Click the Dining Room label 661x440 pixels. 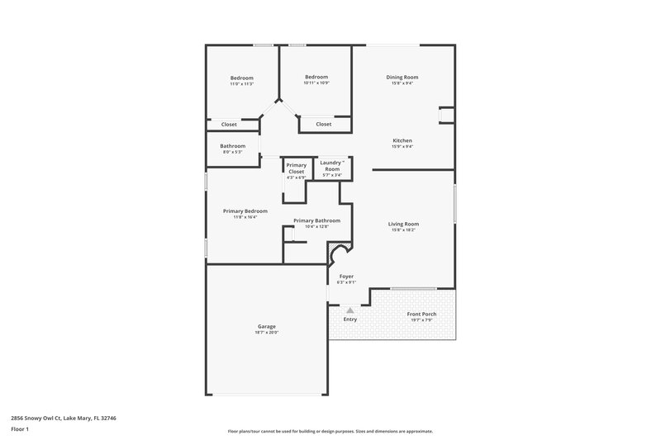(x=402, y=77)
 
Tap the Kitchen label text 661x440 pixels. (x=402, y=140)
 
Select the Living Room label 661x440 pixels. (x=403, y=224)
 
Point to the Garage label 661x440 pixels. (x=267, y=326)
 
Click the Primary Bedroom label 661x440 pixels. (x=245, y=211)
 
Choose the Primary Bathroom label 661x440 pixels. (x=316, y=220)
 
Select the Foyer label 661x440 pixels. (x=346, y=277)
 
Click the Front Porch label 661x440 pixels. (x=423, y=314)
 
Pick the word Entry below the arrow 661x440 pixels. (x=350, y=319)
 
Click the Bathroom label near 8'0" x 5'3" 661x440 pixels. (x=232, y=146)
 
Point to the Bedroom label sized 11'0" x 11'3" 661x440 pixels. (x=241, y=78)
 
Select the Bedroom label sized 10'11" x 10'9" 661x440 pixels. (x=316, y=77)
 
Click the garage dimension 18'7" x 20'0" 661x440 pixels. (x=267, y=333)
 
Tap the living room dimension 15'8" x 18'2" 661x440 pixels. (x=403, y=230)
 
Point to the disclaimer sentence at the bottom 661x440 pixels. (x=330, y=431)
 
